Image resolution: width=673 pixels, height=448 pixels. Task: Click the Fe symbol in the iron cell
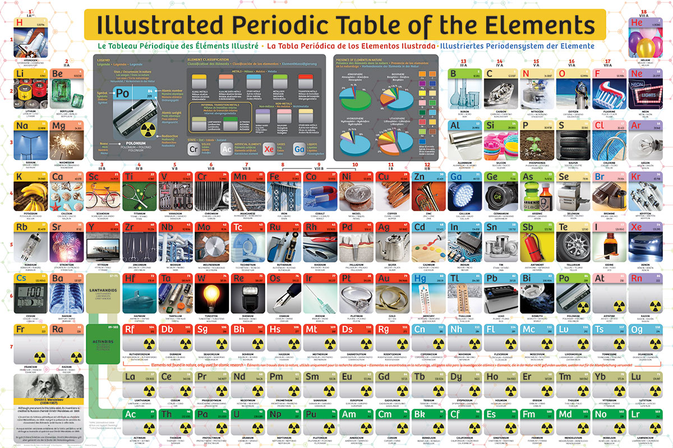click(x=275, y=177)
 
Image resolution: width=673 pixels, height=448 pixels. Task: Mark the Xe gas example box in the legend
click(x=269, y=150)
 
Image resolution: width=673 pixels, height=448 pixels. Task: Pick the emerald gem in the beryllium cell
click(x=67, y=93)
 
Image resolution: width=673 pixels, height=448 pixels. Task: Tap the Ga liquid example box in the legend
click(x=299, y=150)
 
